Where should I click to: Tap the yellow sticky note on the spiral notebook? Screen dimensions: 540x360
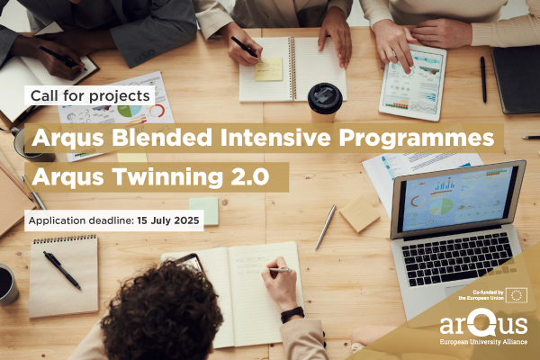pos(268,69)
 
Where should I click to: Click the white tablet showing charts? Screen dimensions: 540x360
pos(412,82)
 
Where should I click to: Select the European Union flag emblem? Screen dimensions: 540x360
pos(517,295)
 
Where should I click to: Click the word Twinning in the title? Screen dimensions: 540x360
pos(167,176)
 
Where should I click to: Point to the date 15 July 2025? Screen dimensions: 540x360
pos(168,220)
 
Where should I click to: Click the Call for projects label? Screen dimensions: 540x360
pos(90,95)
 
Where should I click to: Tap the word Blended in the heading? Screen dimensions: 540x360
pos(161,138)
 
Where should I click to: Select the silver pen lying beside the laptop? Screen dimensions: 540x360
pos(325,227)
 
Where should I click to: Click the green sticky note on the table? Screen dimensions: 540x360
pos(204,211)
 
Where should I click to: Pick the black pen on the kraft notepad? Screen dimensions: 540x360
pos(62,270)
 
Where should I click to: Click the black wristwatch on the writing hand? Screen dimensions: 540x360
pos(292,314)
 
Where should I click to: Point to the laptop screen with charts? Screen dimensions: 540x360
pos(457,199)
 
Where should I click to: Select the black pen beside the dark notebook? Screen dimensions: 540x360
pos(483,79)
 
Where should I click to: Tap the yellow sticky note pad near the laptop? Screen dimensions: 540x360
pos(359,214)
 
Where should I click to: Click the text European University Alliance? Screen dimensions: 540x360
pos(483,342)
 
